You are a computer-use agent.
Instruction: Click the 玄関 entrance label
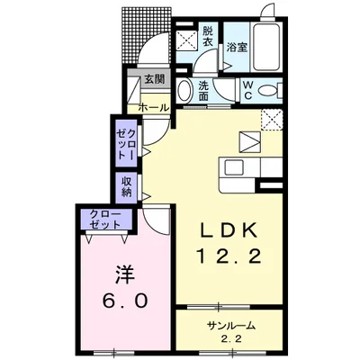tap(154, 79)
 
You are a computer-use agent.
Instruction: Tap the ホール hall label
tap(154, 107)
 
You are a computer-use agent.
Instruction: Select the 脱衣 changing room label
tap(207, 36)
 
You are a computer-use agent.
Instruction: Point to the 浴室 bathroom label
tap(237, 47)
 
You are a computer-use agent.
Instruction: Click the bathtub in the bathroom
tap(266, 47)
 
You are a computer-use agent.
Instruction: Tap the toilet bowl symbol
tap(268, 90)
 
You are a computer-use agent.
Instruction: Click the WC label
tap(248, 90)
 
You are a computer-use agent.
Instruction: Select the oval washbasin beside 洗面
tap(185, 91)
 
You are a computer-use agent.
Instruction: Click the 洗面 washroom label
tap(203, 91)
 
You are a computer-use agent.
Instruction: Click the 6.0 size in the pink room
tap(125, 300)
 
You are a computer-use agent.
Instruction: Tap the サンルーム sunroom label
tap(231, 325)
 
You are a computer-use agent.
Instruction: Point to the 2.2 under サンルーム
tap(231, 339)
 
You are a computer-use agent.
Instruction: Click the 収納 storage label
tap(127, 186)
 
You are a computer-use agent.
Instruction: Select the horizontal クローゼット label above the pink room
tap(105, 220)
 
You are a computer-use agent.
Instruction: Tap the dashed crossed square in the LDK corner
tap(272, 120)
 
